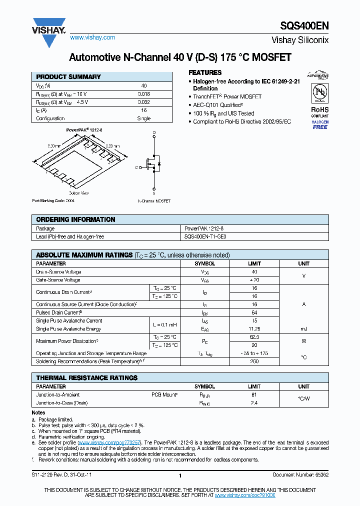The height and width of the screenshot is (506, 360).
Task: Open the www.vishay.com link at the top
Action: click(x=92, y=37)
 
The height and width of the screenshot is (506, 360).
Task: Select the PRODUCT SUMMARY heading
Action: click(x=68, y=77)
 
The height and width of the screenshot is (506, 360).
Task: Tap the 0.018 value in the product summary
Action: click(x=144, y=94)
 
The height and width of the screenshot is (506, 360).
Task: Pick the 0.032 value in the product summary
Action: click(x=144, y=102)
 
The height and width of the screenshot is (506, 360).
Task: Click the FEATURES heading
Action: click(x=204, y=72)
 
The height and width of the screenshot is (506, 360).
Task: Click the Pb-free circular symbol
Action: click(x=319, y=93)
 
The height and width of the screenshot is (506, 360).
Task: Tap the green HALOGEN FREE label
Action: click(x=320, y=125)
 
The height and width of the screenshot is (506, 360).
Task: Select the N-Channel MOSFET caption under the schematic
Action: click(x=154, y=201)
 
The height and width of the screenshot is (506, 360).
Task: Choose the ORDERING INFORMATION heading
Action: click(x=75, y=219)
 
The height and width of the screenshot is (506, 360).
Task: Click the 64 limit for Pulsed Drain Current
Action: click(x=254, y=312)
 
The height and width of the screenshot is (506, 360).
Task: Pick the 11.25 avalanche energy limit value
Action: click(x=254, y=329)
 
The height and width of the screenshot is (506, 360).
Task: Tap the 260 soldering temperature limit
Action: click(x=254, y=361)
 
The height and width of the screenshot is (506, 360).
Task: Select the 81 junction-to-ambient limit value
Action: click(x=254, y=394)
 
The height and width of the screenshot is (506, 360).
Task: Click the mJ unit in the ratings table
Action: click(x=303, y=329)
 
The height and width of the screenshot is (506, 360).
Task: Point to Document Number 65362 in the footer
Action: click(x=300, y=474)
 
